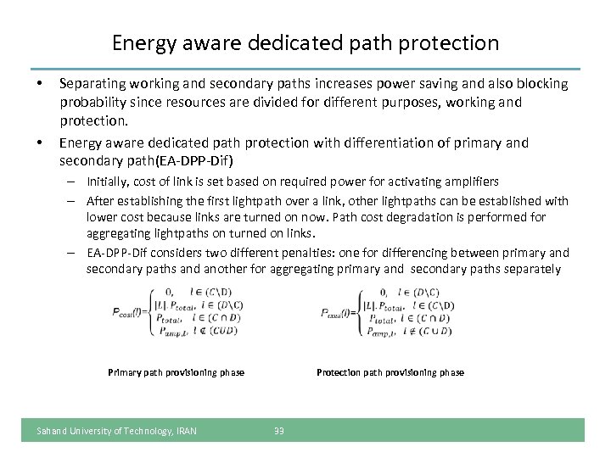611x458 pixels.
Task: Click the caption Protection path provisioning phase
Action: (390, 372)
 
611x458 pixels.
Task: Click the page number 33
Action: (279, 431)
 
